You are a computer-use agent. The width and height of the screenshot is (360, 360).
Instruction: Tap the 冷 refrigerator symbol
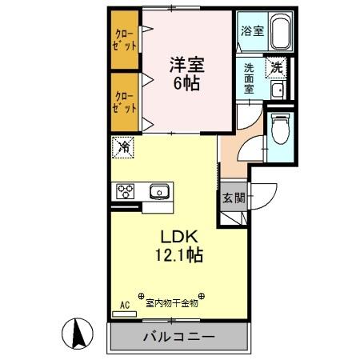click(x=124, y=146)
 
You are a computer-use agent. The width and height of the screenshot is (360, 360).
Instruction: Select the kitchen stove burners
click(x=126, y=190)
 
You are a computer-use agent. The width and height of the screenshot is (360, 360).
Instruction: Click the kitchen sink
click(x=158, y=190)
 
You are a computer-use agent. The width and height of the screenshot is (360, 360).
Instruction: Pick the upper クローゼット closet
click(x=123, y=39)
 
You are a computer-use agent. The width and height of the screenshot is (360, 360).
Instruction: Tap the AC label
click(x=125, y=305)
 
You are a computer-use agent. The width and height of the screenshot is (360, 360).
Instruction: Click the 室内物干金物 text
click(x=171, y=303)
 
